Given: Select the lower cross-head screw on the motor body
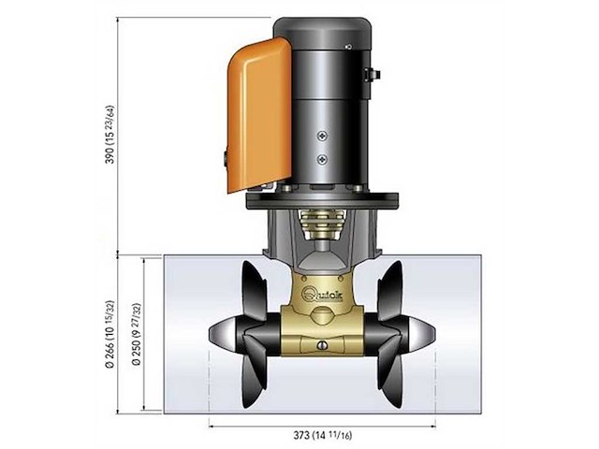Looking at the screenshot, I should tap(322, 157).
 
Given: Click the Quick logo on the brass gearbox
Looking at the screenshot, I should tap(321, 292).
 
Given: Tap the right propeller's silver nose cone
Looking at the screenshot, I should tap(422, 333).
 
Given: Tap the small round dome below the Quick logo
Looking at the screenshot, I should tap(322, 315).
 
